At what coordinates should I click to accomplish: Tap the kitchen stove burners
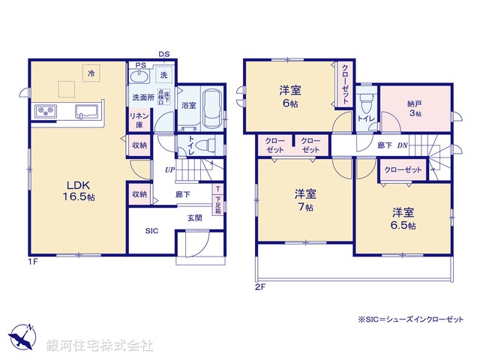[x=46, y=112]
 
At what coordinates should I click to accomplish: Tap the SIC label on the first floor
[x=152, y=232]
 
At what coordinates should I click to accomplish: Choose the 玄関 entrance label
[x=195, y=217]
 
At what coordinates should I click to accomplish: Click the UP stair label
[x=171, y=170]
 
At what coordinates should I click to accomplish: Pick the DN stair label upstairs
[x=402, y=145]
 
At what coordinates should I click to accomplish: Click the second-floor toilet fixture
[x=366, y=101]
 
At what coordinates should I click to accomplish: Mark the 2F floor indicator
[x=259, y=286]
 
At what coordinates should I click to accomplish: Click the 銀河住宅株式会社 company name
[x=99, y=346]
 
